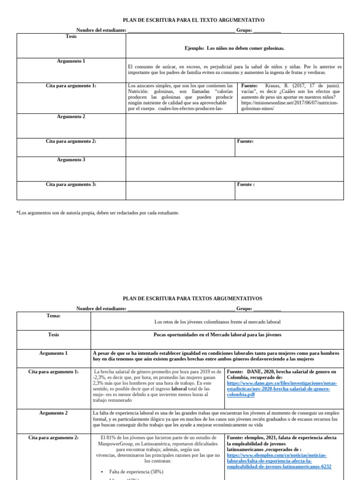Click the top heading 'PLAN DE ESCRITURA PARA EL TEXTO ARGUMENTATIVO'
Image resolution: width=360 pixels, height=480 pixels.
[194, 20]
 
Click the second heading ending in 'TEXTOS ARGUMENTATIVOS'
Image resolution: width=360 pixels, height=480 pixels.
[193, 298]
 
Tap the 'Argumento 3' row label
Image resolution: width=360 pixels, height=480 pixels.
[71, 160]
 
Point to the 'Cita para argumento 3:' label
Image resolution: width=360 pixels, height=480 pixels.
[71, 185]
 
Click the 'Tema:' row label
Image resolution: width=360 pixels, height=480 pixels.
[53, 316]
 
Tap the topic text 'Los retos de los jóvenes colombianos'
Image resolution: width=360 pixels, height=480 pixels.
[217, 322]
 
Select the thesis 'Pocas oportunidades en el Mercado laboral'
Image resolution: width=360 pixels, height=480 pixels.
[217, 335]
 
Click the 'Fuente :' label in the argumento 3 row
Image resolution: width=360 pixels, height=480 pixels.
[246, 185]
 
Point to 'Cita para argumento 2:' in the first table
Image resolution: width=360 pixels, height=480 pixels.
[71, 141]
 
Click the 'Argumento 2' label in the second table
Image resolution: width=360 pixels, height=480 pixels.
[53, 413]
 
